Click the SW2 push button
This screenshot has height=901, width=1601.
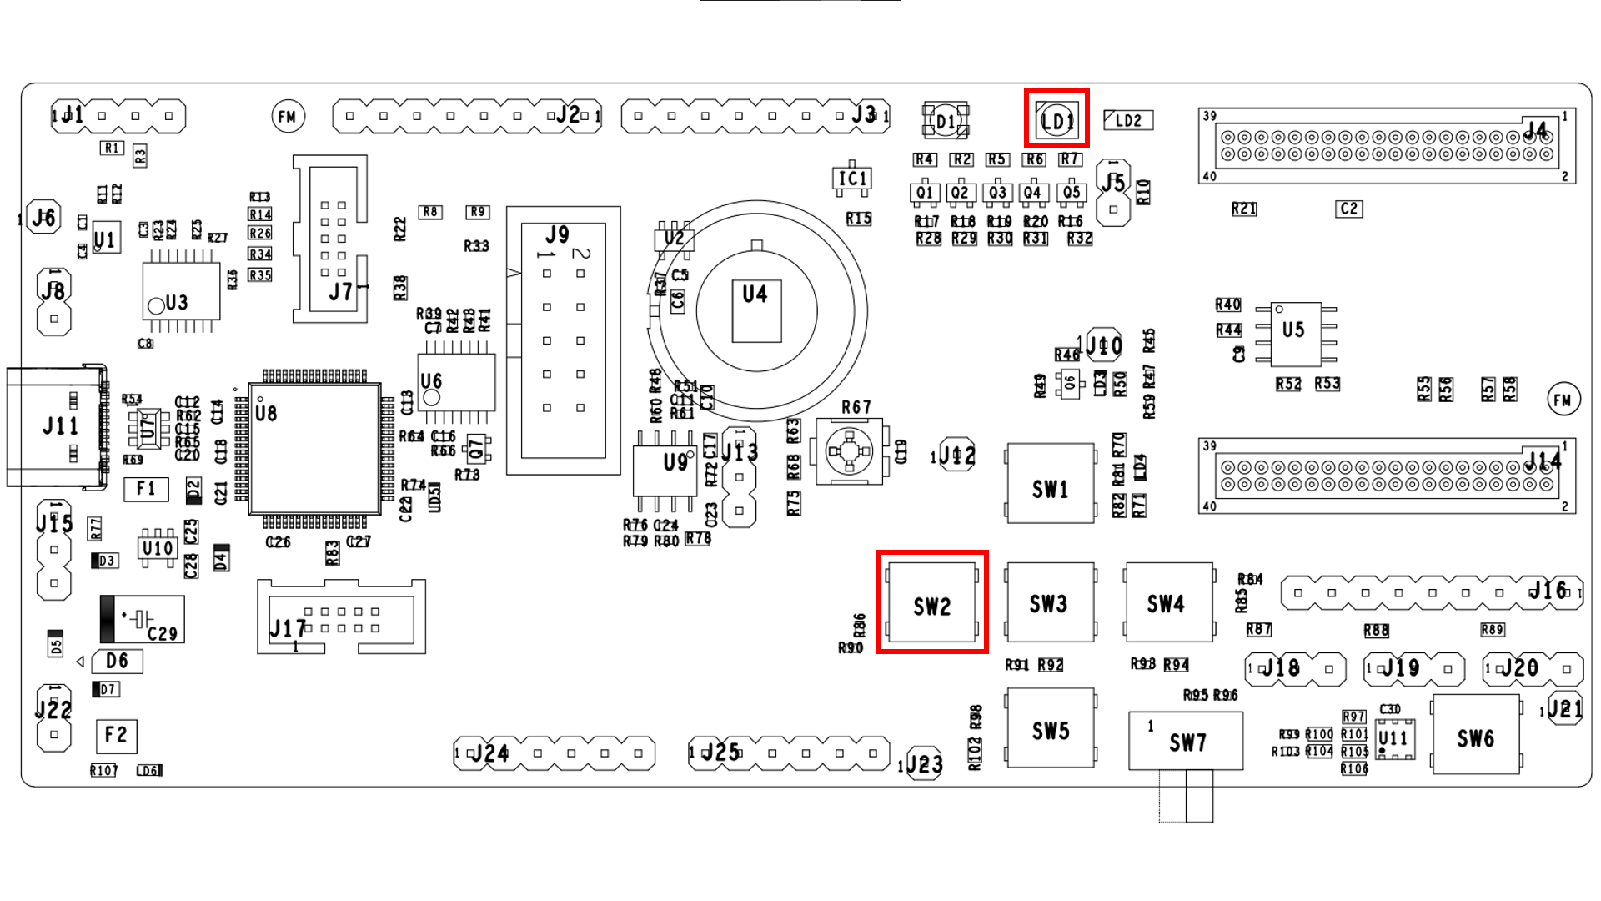[931, 602]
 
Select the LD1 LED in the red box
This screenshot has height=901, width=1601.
[1056, 120]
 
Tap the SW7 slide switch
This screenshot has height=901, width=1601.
[1186, 741]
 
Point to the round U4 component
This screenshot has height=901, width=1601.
[756, 311]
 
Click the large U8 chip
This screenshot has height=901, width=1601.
[315, 448]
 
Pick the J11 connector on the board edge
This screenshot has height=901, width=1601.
[58, 426]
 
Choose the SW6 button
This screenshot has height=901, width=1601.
[1475, 735]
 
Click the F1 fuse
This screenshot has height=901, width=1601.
[146, 489]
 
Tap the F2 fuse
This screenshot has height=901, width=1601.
[116, 735]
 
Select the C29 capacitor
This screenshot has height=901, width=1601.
[143, 619]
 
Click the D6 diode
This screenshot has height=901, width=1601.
[118, 662]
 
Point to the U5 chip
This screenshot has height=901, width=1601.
[1295, 333]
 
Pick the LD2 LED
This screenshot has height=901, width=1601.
[1128, 120]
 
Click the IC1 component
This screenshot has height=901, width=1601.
[852, 179]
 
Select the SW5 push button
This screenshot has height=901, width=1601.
[1050, 727]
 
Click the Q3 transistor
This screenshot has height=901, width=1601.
[997, 193]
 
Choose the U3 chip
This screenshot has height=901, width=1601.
[181, 290]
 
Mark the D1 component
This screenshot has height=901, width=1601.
[946, 121]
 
